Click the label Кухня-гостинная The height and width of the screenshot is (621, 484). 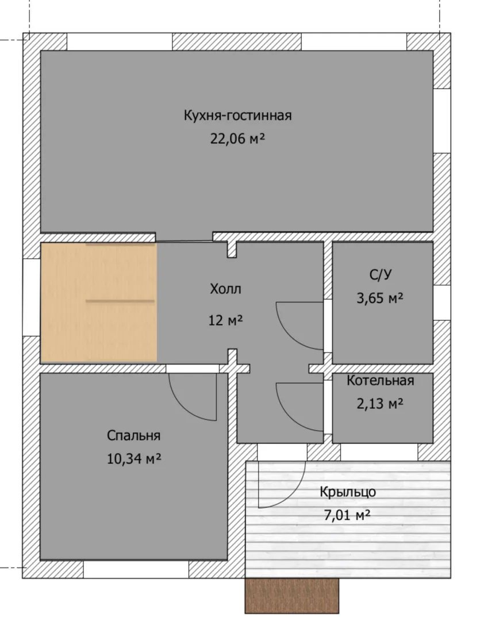(237, 115)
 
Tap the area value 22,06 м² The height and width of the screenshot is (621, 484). (237, 139)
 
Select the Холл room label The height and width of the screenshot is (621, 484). (225, 289)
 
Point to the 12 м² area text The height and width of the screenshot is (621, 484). (225, 320)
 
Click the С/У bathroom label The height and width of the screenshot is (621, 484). (380, 274)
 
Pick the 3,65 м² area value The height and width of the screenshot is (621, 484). (380, 298)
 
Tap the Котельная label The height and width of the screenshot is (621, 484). (380, 380)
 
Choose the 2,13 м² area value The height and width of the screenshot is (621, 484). (380, 404)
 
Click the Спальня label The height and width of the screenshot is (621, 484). (133, 436)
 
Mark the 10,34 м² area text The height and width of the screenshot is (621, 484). (134, 459)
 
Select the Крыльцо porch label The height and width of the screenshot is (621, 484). (348, 492)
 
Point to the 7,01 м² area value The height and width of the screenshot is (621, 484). (347, 515)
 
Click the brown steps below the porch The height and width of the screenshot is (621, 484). (292, 596)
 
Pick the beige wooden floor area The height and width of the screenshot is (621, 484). (99, 302)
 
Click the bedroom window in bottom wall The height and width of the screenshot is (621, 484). (136, 569)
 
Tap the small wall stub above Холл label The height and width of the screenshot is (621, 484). (232, 250)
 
